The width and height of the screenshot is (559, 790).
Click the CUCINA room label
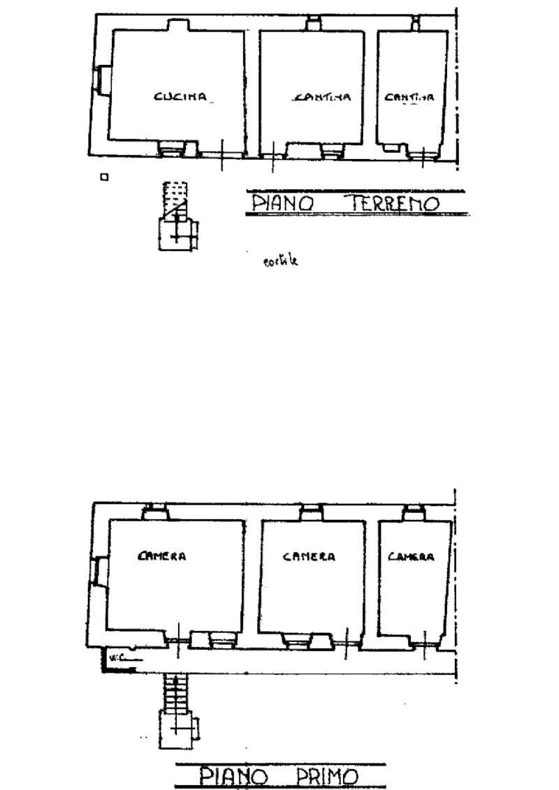point(181,97)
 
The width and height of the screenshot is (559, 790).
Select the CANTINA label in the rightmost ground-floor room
point(409,98)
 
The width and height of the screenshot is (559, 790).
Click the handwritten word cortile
point(280,262)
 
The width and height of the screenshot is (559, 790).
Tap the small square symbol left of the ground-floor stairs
point(104,177)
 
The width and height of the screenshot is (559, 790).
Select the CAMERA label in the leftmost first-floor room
point(162,556)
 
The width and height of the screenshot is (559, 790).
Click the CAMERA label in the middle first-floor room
point(309,556)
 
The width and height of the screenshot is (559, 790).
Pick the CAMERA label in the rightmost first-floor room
point(411,556)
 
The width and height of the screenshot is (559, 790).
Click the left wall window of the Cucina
point(100,78)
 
